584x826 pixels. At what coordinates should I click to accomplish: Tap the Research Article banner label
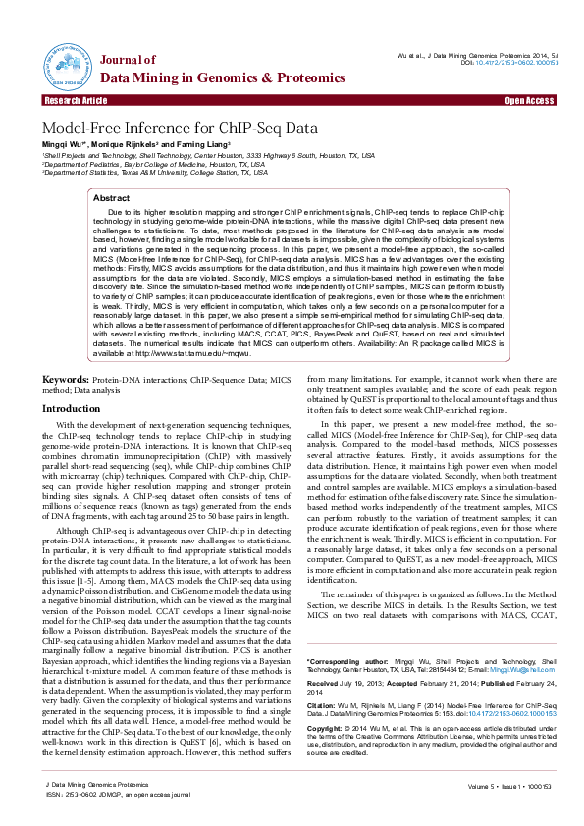tap(76, 101)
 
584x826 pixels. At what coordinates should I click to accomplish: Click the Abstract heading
tap(111, 198)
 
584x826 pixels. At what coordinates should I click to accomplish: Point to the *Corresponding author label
tap(340, 636)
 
